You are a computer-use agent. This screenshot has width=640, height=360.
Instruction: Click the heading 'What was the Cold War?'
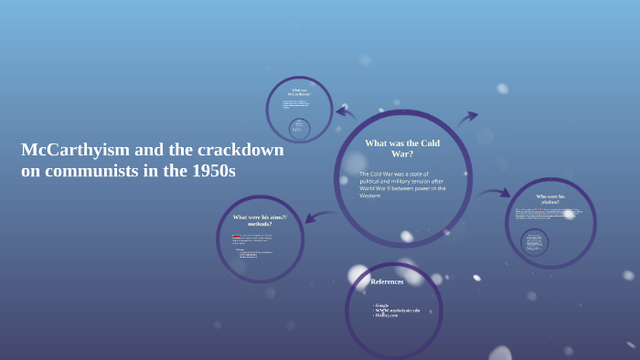point(402,148)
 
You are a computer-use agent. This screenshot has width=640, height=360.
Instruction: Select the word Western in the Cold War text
point(370,196)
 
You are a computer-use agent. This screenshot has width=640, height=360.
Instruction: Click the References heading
point(387,281)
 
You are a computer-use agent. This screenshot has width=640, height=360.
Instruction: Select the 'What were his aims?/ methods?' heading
point(260,219)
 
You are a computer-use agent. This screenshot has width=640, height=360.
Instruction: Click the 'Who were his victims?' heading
point(550,199)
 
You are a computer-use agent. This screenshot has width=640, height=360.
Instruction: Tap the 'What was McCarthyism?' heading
point(299,92)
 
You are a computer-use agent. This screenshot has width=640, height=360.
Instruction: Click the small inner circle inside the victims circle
point(535,242)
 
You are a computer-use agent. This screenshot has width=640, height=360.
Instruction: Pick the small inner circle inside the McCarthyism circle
point(299,127)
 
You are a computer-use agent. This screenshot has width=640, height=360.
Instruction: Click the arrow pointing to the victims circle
point(495,193)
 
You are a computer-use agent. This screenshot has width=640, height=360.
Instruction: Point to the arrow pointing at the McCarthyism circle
point(346,112)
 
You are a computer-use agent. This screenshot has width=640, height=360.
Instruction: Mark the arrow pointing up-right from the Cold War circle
point(467,118)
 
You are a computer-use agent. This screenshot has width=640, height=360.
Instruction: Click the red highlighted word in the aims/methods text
point(237,235)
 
